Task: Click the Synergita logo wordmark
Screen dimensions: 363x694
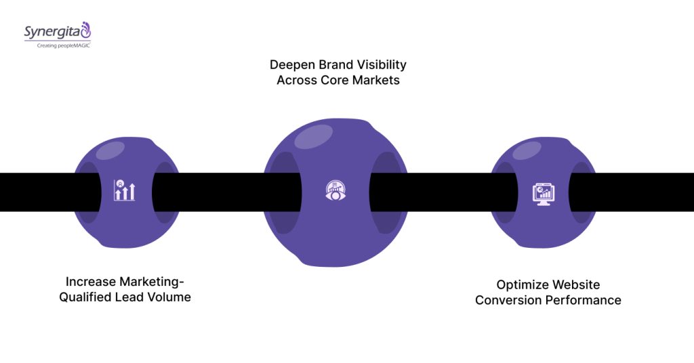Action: pos(52,31)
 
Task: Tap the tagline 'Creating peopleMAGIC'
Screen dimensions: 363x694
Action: pos(58,45)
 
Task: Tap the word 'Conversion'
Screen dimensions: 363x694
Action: pos(509,300)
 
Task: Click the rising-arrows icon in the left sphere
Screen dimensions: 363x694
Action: pos(124,192)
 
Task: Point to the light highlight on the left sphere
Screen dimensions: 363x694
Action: pos(110,150)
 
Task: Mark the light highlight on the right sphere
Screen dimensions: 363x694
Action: pos(526,150)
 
